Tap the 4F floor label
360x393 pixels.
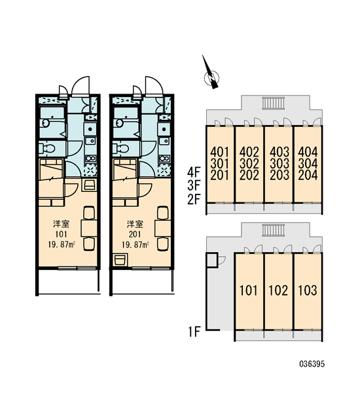[194, 173]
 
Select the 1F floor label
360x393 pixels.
[194, 332]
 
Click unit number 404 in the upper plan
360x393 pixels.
[308, 152]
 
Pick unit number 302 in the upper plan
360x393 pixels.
[249, 164]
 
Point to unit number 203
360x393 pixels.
[279, 175]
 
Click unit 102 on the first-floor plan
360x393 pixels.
[278, 290]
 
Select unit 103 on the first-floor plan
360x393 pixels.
[308, 290]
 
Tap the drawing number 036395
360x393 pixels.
[312, 364]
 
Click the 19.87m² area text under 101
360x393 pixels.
[62, 244]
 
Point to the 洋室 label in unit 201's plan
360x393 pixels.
[135, 224]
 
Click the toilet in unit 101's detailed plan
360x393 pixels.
[47, 149]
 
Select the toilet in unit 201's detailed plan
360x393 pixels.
[120, 149]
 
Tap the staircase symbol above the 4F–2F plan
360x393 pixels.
[274, 103]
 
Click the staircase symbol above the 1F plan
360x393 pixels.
[274, 230]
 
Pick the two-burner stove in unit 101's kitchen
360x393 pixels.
[90, 159]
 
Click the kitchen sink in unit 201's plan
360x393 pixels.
[164, 141]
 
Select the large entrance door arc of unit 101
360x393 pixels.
[81, 85]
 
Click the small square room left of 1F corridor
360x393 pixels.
[212, 260]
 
